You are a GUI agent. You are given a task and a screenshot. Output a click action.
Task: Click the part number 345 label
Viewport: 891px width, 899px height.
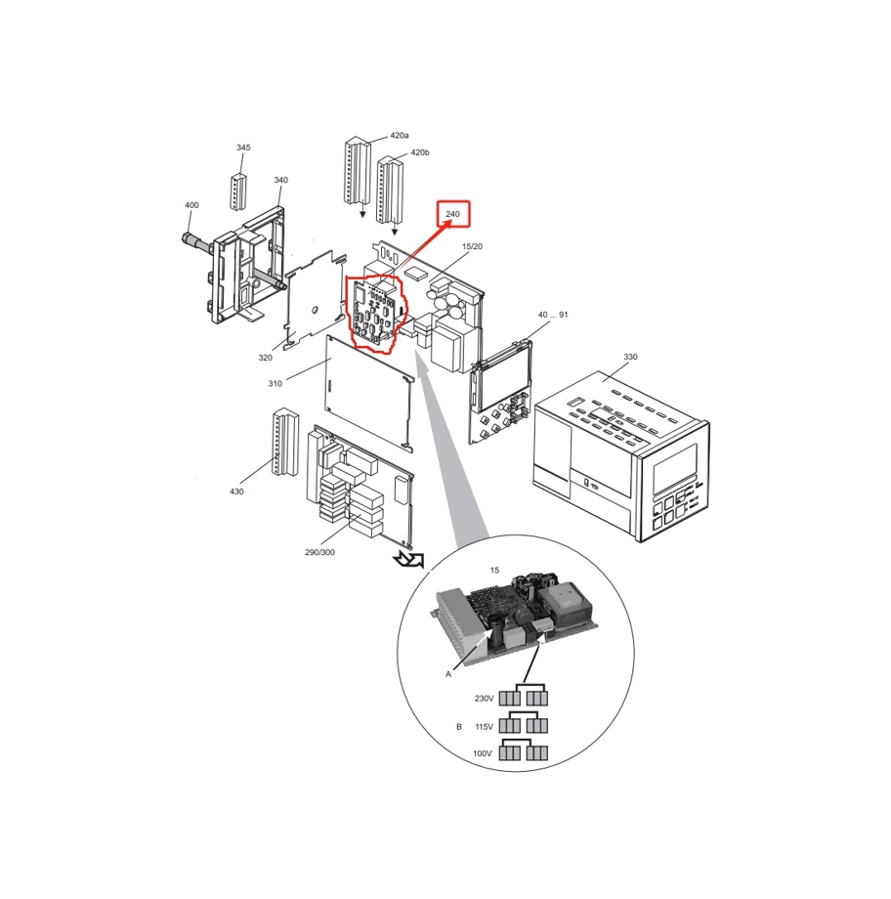click(243, 148)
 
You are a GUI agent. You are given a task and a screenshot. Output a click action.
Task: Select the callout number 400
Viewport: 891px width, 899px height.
click(191, 204)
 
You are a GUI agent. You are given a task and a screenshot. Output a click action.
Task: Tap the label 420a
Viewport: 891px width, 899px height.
click(399, 135)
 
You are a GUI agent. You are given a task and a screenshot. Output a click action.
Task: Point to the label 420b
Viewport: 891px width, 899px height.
click(420, 152)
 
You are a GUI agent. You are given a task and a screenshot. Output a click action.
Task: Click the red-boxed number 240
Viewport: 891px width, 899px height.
click(453, 214)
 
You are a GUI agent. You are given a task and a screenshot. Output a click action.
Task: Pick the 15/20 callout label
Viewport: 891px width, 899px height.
click(473, 246)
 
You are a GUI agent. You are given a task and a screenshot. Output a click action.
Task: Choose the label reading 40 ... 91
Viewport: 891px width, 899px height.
click(553, 315)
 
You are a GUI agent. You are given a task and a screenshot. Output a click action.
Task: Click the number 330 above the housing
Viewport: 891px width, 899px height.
click(630, 357)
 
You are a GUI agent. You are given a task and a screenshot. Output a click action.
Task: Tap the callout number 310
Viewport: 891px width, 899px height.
click(276, 384)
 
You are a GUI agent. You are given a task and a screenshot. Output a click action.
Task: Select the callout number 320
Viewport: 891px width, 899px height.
click(265, 358)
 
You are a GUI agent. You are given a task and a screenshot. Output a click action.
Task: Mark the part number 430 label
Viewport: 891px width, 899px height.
click(236, 492)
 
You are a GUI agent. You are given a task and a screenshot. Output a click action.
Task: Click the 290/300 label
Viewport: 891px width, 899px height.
click(319, 552)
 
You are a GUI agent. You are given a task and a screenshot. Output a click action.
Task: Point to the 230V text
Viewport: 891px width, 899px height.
click(484, 699)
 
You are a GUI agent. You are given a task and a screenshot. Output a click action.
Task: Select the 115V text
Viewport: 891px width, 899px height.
click(484, 726)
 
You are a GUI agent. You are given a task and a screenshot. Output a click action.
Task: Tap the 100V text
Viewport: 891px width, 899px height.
click(483, 753)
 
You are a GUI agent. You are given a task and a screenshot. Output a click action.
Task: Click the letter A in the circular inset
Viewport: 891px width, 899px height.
click(448, 674)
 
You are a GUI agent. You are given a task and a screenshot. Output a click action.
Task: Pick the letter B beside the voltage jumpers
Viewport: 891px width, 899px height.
click(458, 726)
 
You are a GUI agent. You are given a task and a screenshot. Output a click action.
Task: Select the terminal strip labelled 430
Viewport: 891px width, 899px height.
click(285, 442)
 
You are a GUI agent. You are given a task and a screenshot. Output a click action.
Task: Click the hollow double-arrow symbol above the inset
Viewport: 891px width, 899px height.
click(408, 560)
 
